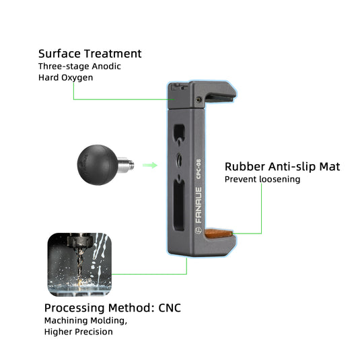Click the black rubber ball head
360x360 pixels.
point(98,165)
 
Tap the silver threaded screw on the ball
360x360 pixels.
point(126,164)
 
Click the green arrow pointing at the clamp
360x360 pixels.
point(150,165)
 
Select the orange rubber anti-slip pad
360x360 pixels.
point(218,233)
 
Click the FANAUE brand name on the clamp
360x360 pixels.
point(199,205)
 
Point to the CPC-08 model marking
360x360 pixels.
point(199,169)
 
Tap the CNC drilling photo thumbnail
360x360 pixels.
point(79,264)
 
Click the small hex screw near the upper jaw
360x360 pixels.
point(199,100)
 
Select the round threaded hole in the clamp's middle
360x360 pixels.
point(180,159)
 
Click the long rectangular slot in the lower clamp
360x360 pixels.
point(179,205)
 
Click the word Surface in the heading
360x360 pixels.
point(59,54)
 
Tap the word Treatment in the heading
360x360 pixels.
point(113,54)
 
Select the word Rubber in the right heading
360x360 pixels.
point(245,166)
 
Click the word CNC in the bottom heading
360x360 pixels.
point(170,308)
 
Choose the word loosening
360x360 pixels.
point(280,179)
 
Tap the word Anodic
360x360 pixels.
point(106,67)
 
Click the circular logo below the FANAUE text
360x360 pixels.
point(199,231)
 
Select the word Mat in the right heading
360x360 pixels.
point(330,166)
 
